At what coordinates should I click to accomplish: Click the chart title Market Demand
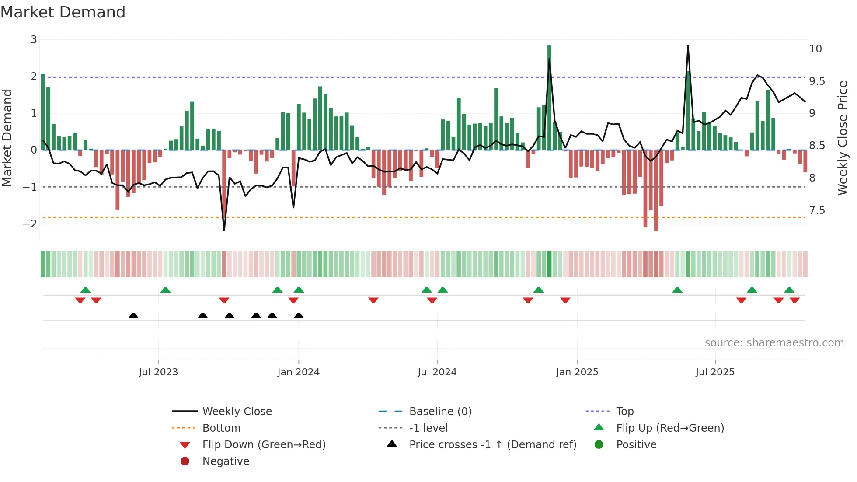pyautogui.click(x=63, y=12)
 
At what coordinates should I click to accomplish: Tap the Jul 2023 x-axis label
pyautogui.click(x=158, y=372)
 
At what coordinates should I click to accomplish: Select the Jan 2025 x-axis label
pyautogui.click(x=577, y=372)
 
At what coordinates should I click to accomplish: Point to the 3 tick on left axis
pyautogui.click(x=34, y=40)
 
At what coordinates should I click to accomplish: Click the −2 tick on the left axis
pyautogui.click(x=30, y=224)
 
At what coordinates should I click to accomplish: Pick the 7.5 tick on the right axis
pyautogui.click(x=817, y=210)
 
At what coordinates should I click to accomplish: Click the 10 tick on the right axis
pyautogui.click(x=815, y=49)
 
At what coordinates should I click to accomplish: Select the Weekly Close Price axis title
pyautogui.click(x=842, y=138)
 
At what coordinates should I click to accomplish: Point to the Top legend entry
pyautogui.click(x=625, y=412)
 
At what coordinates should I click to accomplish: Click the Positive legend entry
pyautogui.click(x=636, y=445)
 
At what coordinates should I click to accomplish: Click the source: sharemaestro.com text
pyautogui.click(x=774, y=343)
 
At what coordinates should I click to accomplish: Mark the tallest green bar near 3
pyautogui.click(x=549, y=98)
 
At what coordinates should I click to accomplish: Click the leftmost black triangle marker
pyautogui.click(x=133, y=316)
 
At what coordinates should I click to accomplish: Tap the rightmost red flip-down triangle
pyautogui.click(x=794, y=300)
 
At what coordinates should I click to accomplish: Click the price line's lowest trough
pyautogui.click(x=224, y=230)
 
